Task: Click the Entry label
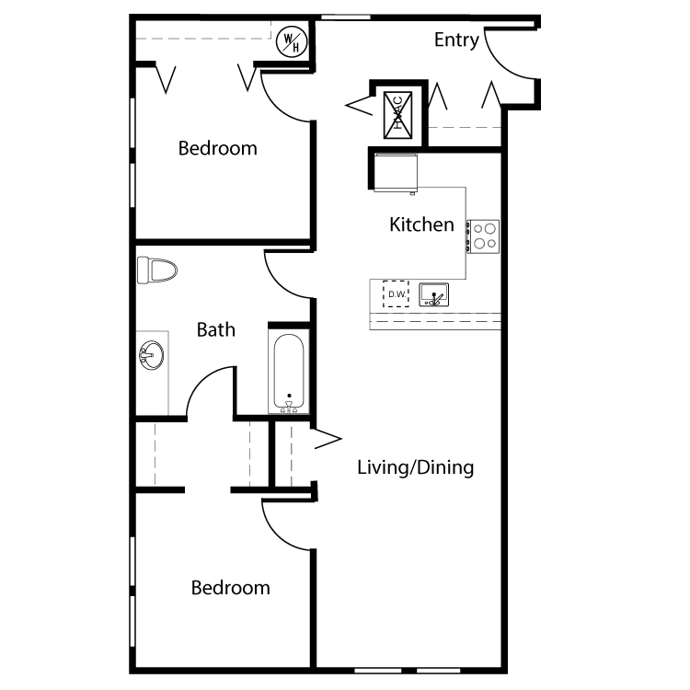pos(456,40)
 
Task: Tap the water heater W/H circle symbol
pos(291,40)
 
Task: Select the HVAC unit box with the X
pos(398,114)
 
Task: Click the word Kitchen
pos(421,224)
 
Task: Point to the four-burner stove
pos(483,236)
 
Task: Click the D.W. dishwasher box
pos(397,293)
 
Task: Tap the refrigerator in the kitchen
pos(397,172)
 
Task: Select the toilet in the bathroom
pos(156,270)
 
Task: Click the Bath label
pos(215,329)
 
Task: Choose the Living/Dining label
pos(415,467)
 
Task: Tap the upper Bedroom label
pos(217,148)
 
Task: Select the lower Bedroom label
pos(230,588)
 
